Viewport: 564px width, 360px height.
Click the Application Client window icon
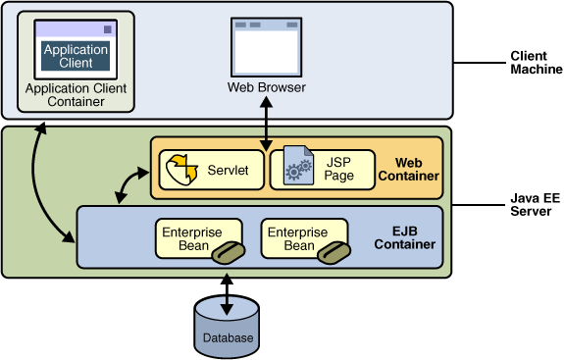point(77,50)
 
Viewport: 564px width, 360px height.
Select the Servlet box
point(211,170)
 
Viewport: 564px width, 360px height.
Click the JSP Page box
point(323,169)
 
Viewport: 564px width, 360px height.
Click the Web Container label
point(414,169)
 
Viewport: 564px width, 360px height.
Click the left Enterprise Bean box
point(197,238)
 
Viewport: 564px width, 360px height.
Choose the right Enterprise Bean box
point(302,238)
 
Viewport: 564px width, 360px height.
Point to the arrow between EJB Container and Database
point(228,290)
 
